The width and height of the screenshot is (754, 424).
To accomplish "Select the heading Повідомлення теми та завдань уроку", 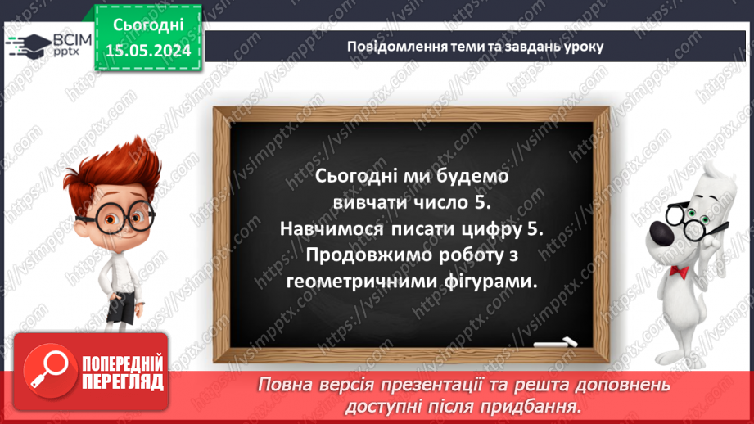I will click(x=475, y=46).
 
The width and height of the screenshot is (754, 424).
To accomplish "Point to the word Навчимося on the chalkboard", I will click(x=338, y=228).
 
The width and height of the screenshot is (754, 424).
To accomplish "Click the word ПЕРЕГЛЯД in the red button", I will click(x=122, y=381).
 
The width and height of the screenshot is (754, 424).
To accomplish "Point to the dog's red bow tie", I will click(x=679, y=270).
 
